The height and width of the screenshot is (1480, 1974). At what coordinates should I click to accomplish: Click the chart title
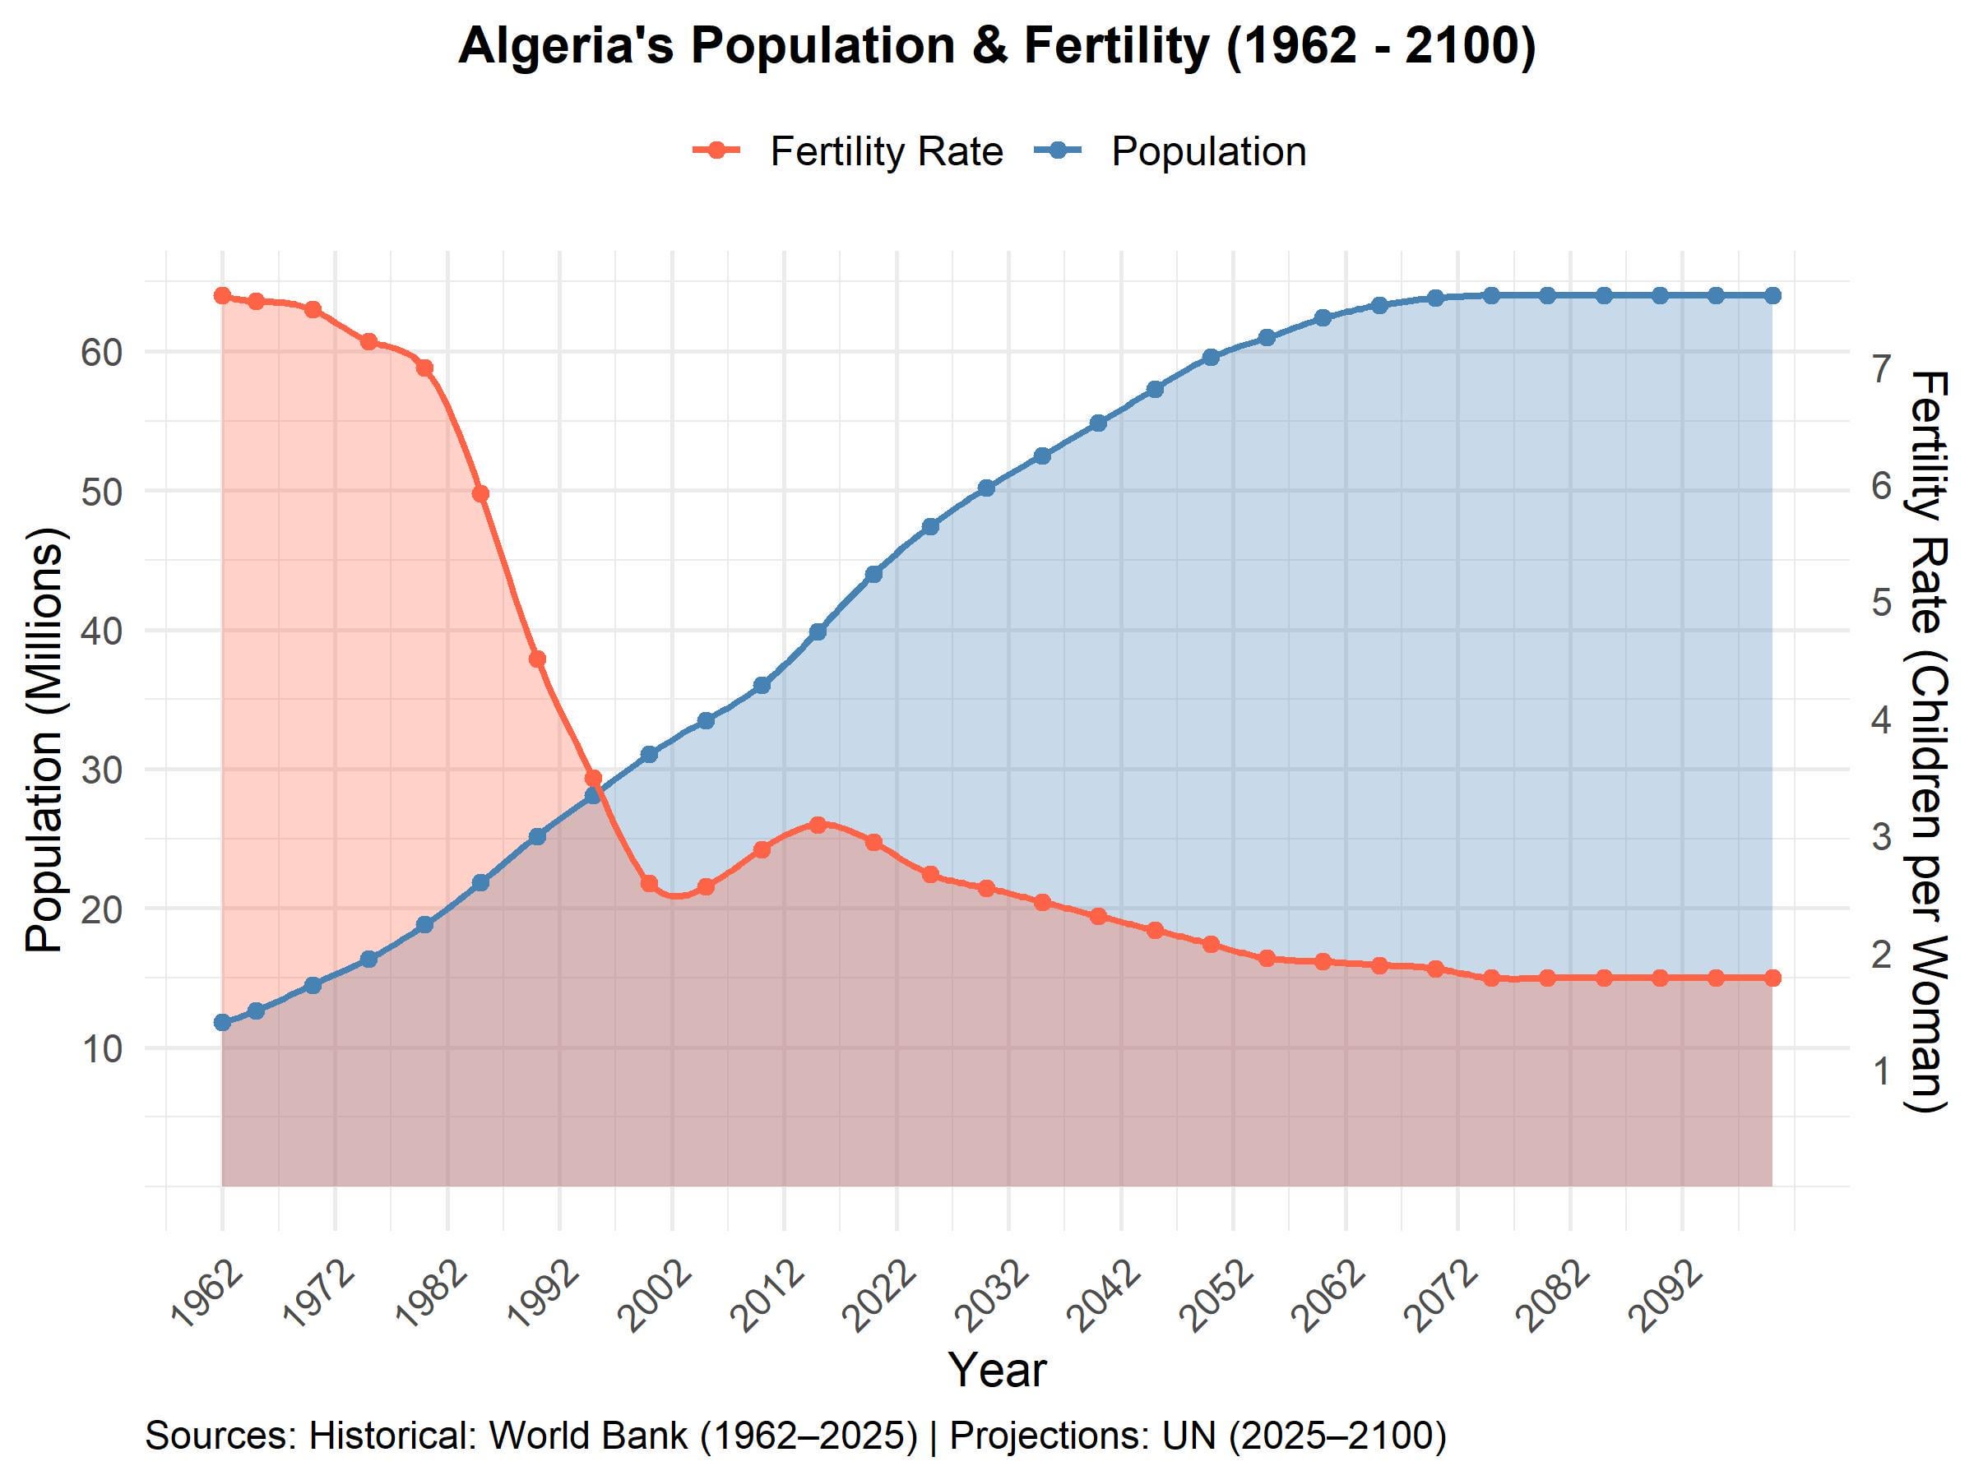coord(997,46)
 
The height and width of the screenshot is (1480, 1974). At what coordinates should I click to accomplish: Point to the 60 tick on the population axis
coord(101,353)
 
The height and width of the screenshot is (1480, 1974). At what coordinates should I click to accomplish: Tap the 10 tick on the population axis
coord(101,1049)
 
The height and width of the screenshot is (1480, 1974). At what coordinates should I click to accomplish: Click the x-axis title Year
coord(997,1369)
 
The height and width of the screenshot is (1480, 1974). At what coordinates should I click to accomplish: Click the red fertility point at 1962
coord(222,295)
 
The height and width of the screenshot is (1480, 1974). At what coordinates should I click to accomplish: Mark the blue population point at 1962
coord(222,1022)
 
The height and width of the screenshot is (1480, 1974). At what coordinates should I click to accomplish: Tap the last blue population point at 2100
coord(1772,295)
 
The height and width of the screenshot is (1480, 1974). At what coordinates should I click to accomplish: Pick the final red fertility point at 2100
coord(1772,978)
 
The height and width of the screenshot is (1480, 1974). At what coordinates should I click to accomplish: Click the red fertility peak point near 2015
coord(818,825)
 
